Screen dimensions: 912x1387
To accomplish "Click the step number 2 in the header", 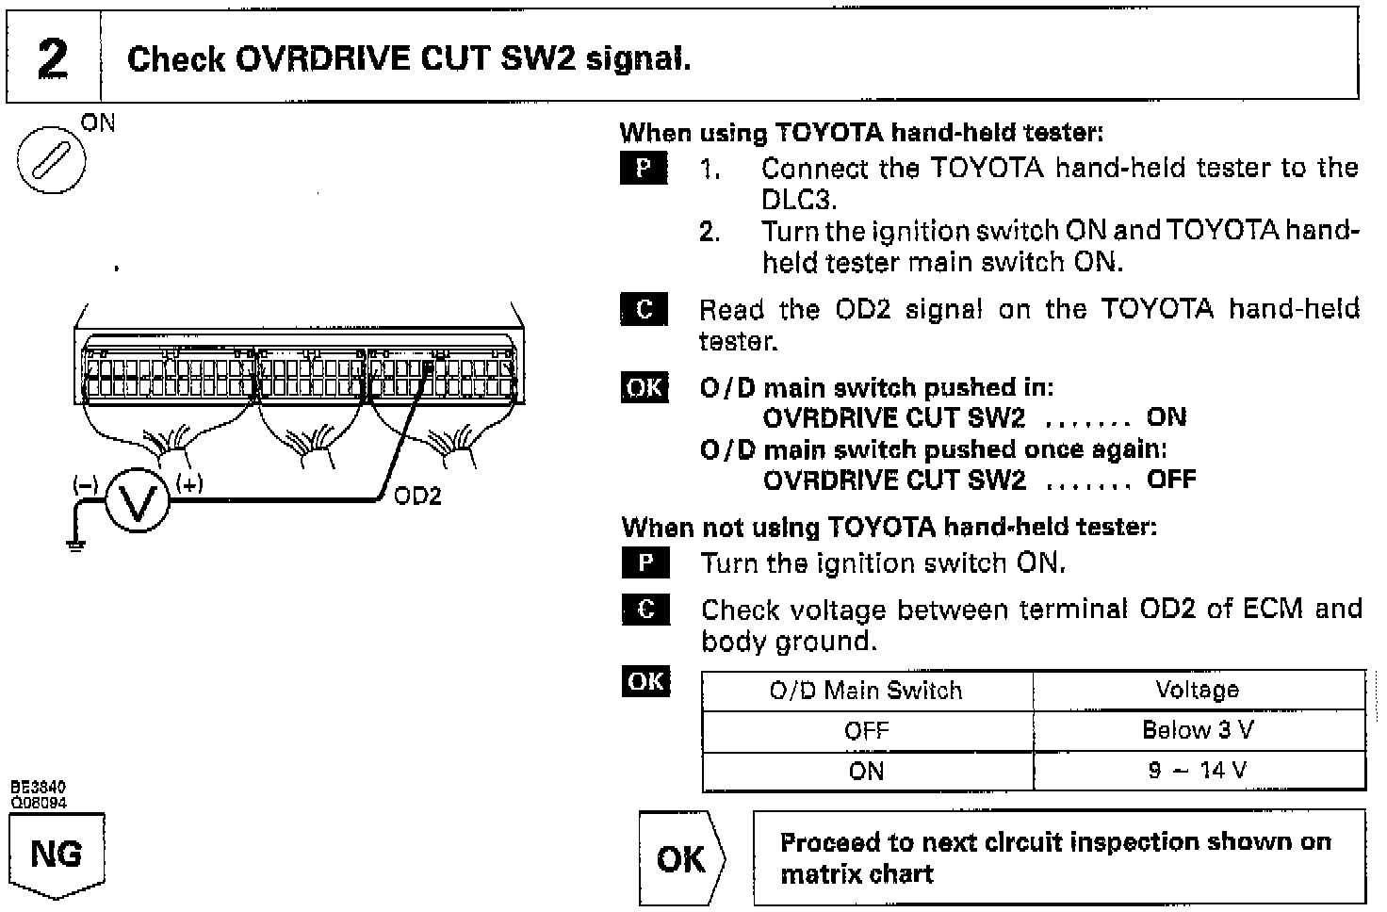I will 53,58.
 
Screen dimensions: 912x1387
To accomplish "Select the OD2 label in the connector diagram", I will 417,497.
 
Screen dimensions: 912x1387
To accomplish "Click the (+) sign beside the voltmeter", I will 189,484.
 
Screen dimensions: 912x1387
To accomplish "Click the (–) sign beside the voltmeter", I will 86,484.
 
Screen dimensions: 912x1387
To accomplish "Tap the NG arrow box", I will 57,855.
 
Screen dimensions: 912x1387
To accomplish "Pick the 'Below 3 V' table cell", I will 1198,730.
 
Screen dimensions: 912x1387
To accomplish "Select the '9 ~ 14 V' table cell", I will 1198,771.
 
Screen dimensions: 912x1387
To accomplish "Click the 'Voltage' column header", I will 1198,690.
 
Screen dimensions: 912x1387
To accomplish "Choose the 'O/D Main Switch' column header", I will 866,691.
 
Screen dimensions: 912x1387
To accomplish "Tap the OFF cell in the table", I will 866,731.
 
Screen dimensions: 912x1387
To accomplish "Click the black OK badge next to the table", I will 645,681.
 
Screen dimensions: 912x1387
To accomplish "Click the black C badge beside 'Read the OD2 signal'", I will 645,309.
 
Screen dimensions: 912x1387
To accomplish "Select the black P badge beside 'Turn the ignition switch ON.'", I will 645,563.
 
